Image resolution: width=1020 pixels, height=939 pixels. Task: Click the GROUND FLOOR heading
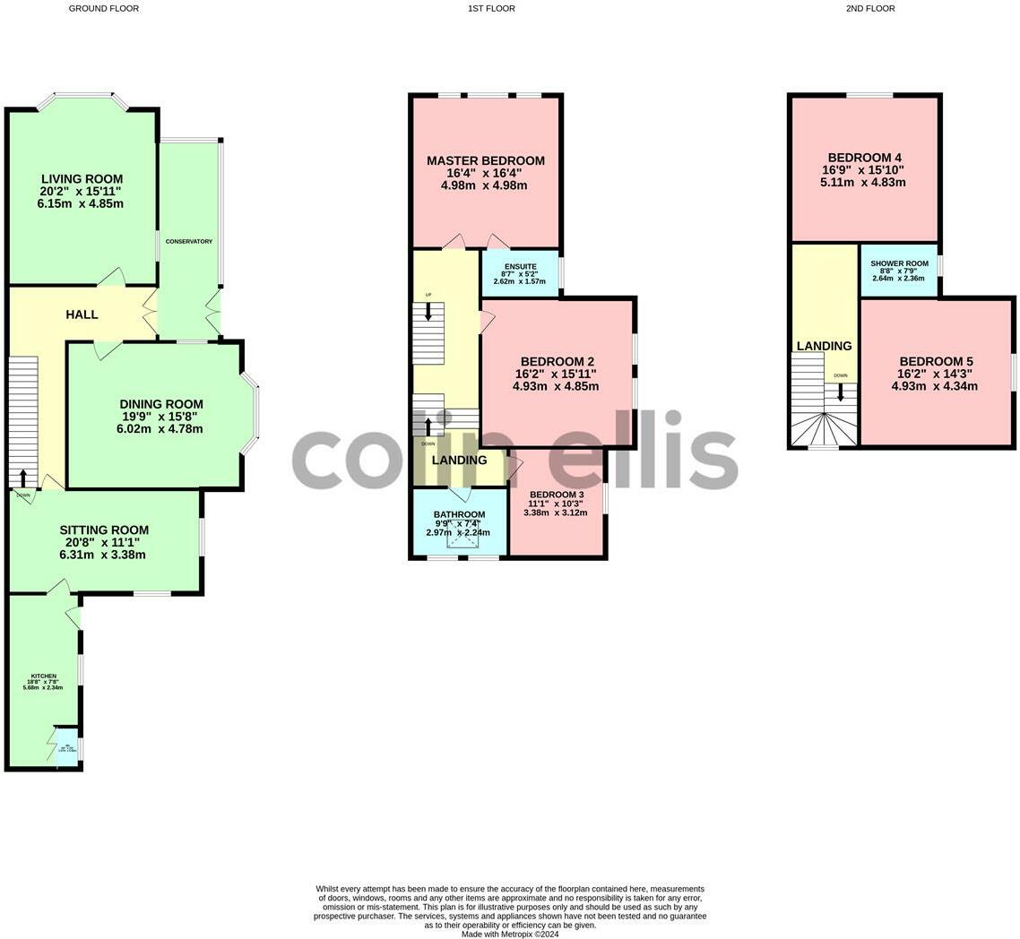pos(104,8)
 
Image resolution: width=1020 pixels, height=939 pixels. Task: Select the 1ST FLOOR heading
pos(491,8)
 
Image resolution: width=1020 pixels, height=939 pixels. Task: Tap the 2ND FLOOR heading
pos(869,8)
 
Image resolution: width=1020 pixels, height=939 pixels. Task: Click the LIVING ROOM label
pos(82,179)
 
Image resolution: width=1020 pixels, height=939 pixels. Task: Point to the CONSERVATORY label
pos(188,241)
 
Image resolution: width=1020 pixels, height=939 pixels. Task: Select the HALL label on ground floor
pos(82,314)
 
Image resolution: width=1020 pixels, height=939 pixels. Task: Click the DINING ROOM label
pos(161,404)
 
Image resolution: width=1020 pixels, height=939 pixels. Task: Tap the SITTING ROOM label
pos(104,530)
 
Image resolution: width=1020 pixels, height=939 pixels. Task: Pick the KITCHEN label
pos(44,676)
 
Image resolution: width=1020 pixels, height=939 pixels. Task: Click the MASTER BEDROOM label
pos(485,161)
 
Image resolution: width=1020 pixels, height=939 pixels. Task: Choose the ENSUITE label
pos(520,266)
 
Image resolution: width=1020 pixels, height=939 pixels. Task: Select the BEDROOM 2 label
pos(557,362)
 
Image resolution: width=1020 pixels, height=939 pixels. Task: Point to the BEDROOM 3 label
pos(556,495)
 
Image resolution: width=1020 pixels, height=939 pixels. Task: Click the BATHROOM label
pos(459,514)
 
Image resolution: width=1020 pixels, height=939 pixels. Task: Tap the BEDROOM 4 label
pos(864,158)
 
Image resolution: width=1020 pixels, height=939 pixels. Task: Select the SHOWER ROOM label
pos(899,263)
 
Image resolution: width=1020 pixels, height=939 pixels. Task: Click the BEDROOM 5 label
pos(936,362)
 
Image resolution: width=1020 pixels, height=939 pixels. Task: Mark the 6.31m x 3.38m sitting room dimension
pos(102,555)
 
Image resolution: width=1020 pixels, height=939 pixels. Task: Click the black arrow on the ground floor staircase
pos(23,477)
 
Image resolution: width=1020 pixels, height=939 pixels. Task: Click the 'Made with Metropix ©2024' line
pos(510,934)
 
